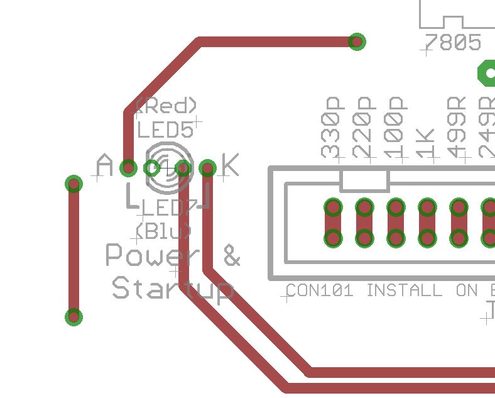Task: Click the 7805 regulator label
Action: (x=453, y=43)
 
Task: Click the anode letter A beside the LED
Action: (x=104, y=167)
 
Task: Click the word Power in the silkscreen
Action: (x=153, y=255)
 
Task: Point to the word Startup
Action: (x=172, y=289)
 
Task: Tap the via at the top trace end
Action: (x=356, y=42)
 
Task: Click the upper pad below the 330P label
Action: (x=333, y=207)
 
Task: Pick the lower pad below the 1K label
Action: (x=427, y=238)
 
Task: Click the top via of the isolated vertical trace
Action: (x=74, y=184)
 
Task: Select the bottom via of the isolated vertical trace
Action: (x=74, y=316)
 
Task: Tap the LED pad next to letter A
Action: (x=128, y=168)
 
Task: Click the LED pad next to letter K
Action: (x=208, y=168)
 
